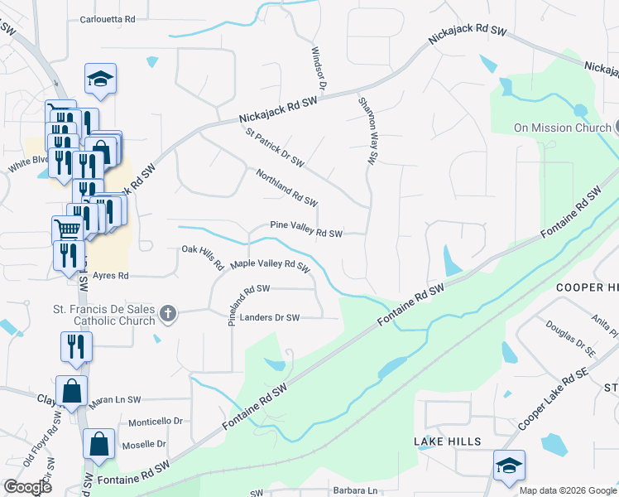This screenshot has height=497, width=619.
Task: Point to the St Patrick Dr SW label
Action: pos(274,146)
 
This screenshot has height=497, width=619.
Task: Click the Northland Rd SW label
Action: pos(286,188)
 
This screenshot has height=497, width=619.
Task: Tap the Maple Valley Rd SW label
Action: pos(270,265)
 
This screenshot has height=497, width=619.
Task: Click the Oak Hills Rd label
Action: pos(203,256)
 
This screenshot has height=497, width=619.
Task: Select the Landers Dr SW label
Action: pos(270,317)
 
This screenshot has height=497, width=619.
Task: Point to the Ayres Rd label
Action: pos(111,276)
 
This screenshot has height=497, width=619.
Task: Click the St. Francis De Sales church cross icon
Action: pos(168,313)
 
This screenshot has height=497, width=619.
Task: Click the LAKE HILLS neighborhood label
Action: pos(448,442)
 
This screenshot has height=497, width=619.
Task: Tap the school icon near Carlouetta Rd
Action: pos(100,79)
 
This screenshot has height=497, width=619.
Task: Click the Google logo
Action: pos(27,487)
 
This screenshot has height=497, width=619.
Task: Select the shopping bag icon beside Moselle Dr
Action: pos(99,443)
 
